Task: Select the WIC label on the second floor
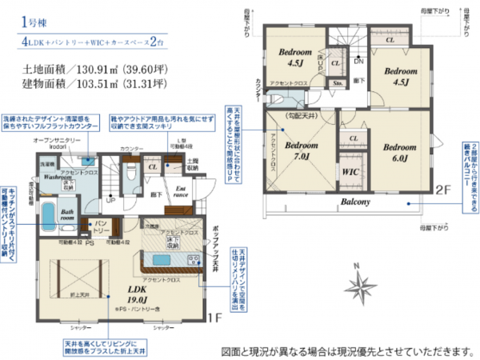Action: tap(350, 172)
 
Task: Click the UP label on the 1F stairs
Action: tap(110, 200)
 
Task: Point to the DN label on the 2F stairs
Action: tap(358, 62)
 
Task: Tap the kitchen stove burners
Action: tap(194, 259)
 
